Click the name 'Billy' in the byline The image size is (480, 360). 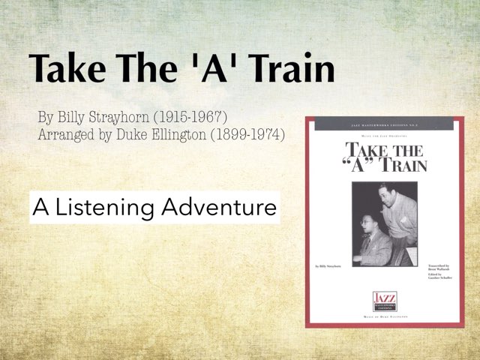(80, 118)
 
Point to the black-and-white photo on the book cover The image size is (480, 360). (385, 223)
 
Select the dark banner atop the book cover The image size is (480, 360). (385, 125)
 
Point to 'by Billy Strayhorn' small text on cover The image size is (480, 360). (328, 265)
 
